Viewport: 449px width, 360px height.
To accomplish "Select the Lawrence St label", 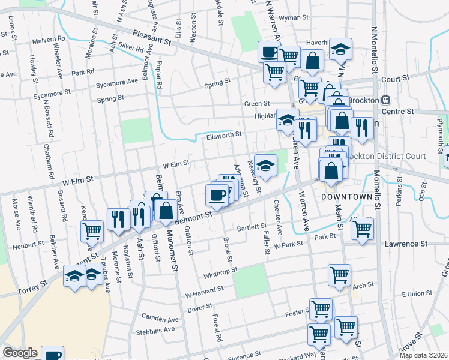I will point(405,244).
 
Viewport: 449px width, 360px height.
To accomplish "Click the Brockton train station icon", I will point(386,100).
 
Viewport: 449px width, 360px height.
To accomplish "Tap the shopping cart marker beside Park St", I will point(362,228).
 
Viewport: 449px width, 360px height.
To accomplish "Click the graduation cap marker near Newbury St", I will point(265,164).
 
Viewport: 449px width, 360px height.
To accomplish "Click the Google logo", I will point(20,353).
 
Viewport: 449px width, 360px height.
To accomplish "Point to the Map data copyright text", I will point(426,355).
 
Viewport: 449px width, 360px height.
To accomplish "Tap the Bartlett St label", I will point(251,227).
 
